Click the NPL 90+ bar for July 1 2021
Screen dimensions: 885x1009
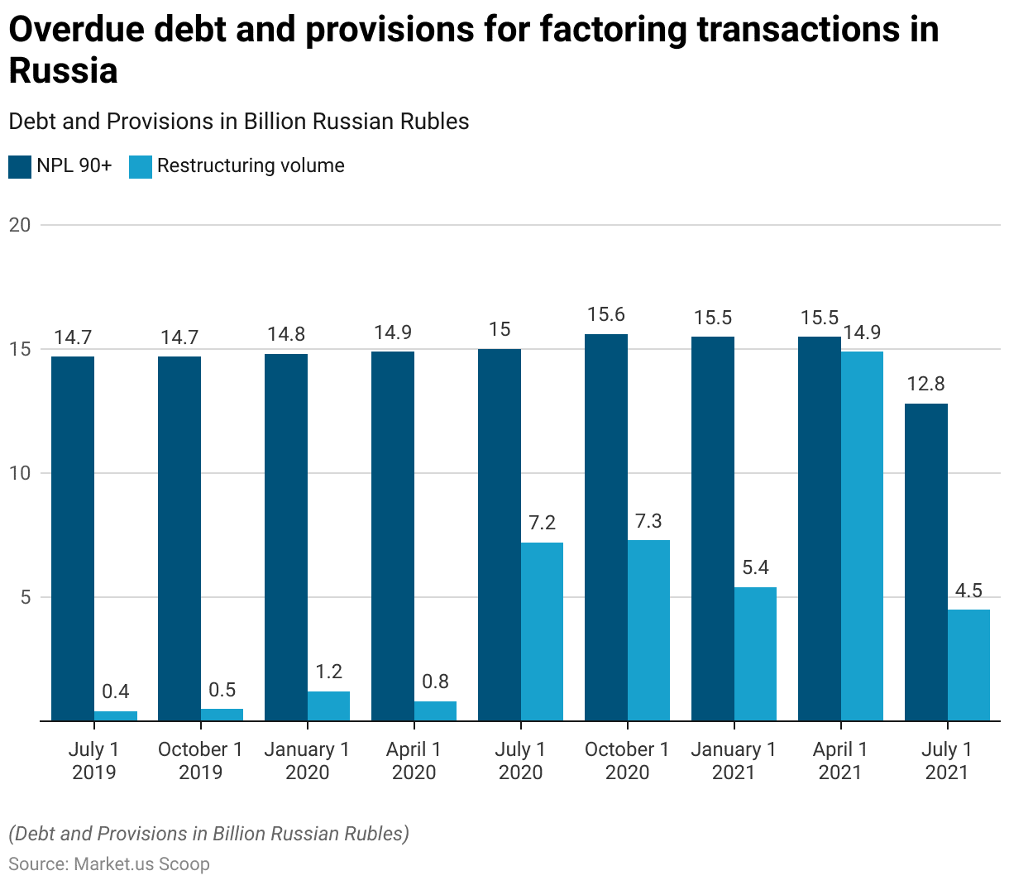[925, 562]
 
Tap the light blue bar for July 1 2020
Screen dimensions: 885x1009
[542, 632]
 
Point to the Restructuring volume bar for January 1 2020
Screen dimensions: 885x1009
[328, 706]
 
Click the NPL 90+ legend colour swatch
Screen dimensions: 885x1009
[20, 166]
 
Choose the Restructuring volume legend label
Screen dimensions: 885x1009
[251, 165]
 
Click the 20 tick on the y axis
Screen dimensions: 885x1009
[20, 225]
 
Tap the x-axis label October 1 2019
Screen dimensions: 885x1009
[200, 761]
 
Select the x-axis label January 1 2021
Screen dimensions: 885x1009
[734, 761]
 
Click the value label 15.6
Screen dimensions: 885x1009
[605, 315]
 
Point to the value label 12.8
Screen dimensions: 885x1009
[925, 385]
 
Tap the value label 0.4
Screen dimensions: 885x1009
[116, 691]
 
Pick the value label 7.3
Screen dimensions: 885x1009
[648, 521]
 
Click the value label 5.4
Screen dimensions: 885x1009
[755, 567]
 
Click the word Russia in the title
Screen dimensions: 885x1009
[64, 71]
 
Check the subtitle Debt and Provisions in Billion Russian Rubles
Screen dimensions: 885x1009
[239, 122]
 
